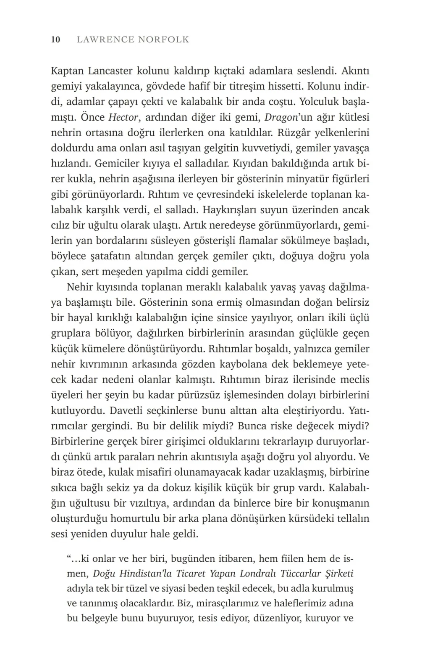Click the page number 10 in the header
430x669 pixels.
(x=56, y=40)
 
